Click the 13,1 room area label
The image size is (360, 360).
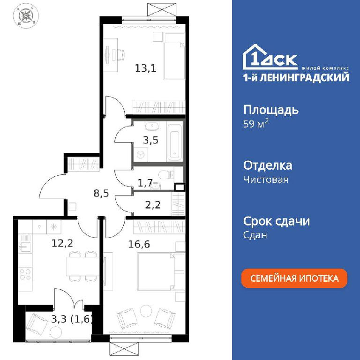pos(146,68)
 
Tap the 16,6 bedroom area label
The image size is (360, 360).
pos(139,244)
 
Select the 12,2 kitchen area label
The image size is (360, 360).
pos(62,243)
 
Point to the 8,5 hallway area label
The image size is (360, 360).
pos(101,193)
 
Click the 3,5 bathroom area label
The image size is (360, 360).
pos(150,140)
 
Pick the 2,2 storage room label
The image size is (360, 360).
pos(153,204)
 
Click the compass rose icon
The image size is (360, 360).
pos(26,16)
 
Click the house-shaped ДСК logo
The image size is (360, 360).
pos(270,57)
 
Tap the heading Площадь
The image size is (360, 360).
pos(271,110)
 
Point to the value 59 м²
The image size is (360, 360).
pos(256,124)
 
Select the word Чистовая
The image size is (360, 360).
pos(266,180)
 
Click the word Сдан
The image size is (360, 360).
pos(255,235)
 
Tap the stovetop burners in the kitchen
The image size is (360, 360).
pos(25,274)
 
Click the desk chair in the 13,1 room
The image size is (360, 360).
pos(119,54)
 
